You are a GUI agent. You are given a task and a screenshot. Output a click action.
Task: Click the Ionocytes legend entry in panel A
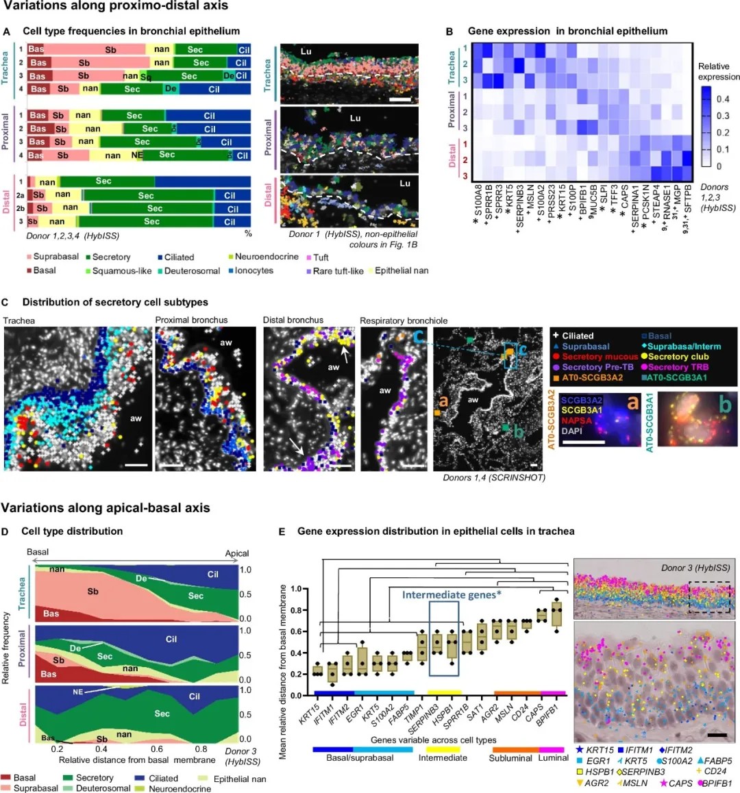tap(254, 270)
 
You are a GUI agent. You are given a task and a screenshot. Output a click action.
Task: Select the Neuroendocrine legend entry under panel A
tap(267, 257)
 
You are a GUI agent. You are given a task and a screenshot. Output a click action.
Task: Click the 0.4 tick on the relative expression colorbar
tap(722, 99)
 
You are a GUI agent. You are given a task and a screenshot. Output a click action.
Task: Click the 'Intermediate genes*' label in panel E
tap(452, 594)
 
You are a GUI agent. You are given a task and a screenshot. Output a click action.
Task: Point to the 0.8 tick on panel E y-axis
tap(297, 610)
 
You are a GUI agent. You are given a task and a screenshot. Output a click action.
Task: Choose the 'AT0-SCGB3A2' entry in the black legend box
tap(592, 377)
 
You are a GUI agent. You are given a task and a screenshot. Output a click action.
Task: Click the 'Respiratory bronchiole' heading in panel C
tap(404, 320)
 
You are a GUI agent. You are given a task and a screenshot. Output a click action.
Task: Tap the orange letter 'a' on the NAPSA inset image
tap(632, 403)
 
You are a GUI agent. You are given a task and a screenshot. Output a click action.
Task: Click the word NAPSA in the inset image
tap(576, 420)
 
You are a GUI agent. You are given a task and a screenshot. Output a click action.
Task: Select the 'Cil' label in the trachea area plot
tap(213, 574)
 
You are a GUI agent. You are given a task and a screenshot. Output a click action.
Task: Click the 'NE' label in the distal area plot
tap(78, 692)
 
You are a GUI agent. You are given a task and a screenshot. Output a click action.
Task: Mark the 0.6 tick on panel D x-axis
tap(157, 749)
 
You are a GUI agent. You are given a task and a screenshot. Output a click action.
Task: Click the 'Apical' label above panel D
tap(237, 553)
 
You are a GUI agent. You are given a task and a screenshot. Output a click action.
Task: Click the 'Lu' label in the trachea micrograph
tap(306, 51)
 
